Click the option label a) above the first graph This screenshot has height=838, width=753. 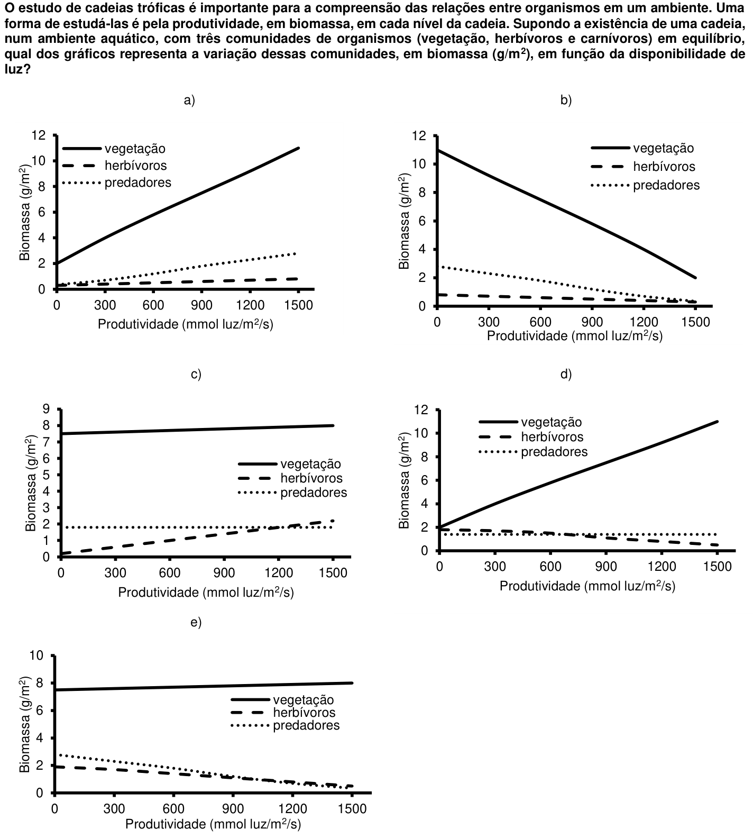189,101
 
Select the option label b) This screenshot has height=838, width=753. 566,101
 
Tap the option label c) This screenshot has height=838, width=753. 196,375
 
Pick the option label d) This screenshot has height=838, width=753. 566,375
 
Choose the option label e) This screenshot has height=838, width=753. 196,622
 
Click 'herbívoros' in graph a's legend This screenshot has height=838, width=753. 136,166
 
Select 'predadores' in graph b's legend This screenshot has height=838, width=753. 666,185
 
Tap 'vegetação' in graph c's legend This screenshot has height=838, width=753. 311,464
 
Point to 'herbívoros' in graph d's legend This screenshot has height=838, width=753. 553,437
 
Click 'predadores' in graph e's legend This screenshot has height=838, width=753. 306,725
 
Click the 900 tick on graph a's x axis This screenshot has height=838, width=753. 202,305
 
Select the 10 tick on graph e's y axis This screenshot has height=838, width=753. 41,655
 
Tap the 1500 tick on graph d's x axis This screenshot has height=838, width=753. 717,567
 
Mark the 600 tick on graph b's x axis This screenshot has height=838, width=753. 540,322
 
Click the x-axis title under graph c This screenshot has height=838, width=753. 206,592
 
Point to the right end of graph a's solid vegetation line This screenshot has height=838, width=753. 299,148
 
